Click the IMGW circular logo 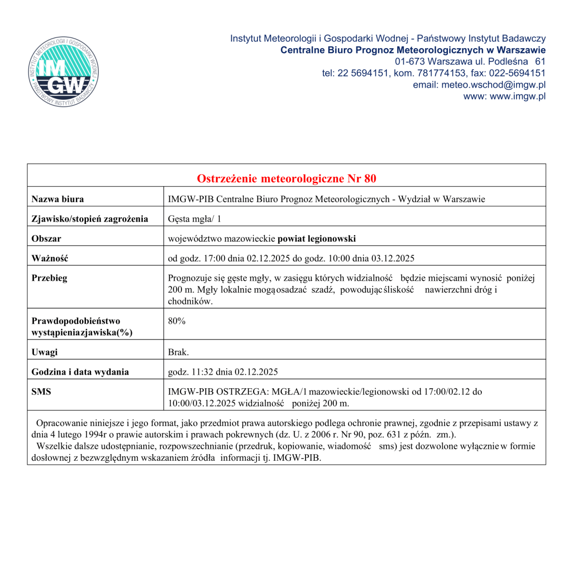point(63,72)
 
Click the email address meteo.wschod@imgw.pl point(493,85)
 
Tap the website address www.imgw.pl point(518,96)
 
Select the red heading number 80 point(370,179)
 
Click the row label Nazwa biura point(58,199)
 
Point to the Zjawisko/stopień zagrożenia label point(90,219)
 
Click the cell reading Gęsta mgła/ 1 point(194,219)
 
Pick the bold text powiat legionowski point(317,238)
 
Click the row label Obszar point(46,238)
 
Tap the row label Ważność point(50,258)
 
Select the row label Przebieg point(49,278)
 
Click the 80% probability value point(177,321)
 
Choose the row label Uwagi point(44,352)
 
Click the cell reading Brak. point(178,352)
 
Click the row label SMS point(41,392)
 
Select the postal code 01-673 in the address point(410,62)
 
